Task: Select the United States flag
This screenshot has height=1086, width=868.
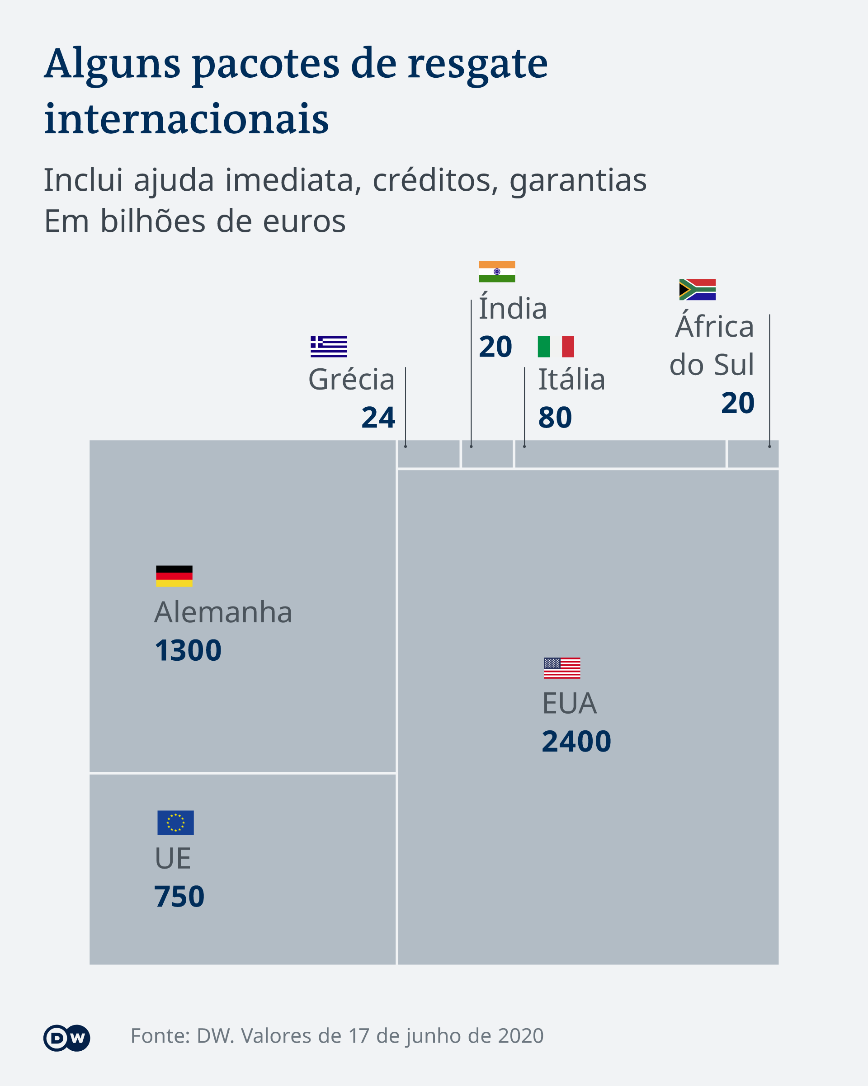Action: [x=561, y=668]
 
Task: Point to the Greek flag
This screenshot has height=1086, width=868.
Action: [x=329, y=346]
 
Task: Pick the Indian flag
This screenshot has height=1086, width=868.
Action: [x=496, y=272]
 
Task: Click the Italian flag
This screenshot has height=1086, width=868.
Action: [x=556, y=346]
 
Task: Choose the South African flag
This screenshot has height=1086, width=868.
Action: [x=697, y=289]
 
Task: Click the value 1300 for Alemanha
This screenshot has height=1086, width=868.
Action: [x=188, y=650]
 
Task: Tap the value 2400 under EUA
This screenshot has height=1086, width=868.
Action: [x=576, y=742]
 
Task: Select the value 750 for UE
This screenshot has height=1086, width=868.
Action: [x=179, y=897]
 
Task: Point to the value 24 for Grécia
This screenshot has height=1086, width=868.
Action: [x=378, y=418]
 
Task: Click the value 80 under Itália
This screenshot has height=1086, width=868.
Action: [x=555, y=418]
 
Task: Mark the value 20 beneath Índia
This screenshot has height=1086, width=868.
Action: [x=495, y=347]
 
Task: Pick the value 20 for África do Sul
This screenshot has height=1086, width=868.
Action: [x=737, y=403]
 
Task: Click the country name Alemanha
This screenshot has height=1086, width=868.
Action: [x=223, y=612]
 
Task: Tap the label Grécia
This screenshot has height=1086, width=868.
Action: [x=351, y=379]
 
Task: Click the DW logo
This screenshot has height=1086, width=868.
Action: [x=66, y=1038]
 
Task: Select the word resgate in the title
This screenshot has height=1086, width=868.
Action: [x=477, y=64]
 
